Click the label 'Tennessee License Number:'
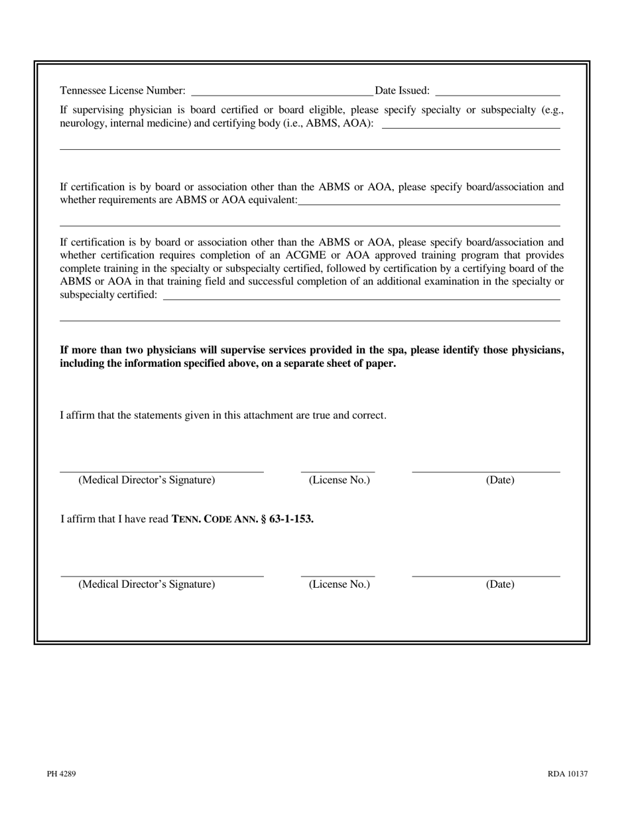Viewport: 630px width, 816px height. coord(123,90)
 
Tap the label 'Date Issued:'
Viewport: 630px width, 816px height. coord(402,90)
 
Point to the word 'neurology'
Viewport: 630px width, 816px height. coord(81,123)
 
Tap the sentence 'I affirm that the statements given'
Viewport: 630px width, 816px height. coord(223,415)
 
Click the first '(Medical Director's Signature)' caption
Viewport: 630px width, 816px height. coord(147,480)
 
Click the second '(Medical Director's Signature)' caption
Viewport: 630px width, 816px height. coord(147,584)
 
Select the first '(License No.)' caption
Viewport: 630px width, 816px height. coord(339,480)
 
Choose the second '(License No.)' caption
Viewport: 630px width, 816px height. coord(339,584)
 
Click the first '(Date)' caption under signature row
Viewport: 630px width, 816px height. coord(500,480)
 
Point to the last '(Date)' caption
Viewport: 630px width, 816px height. coord(500,584)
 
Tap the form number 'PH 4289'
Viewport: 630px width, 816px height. coord(61,774)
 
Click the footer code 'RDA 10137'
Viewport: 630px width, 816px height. coord(568,774)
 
